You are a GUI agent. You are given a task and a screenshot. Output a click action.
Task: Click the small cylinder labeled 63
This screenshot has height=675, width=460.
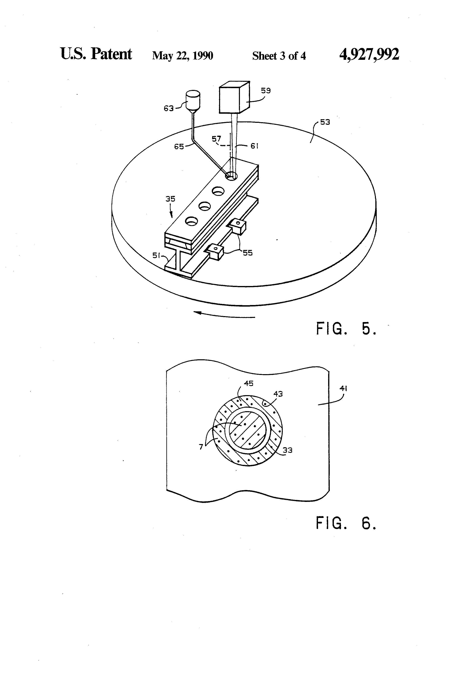193,100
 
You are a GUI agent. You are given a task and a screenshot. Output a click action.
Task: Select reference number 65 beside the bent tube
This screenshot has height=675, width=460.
179,147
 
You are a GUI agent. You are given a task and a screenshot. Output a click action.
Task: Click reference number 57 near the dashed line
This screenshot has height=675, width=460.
216,139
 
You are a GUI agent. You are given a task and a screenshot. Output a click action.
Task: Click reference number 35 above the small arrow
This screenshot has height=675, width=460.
170,199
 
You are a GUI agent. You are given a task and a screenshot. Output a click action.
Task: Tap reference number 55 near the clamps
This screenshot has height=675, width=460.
247,253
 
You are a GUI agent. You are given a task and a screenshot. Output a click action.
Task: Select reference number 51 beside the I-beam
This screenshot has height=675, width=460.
156,255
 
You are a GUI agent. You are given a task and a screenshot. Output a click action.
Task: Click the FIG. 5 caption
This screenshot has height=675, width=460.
346,329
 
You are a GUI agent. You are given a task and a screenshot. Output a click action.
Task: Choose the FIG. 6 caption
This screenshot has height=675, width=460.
346,523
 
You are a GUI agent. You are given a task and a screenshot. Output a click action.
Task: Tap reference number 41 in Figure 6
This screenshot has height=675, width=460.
343,388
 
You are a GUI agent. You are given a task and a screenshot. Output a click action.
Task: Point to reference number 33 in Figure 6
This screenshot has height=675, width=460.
287,450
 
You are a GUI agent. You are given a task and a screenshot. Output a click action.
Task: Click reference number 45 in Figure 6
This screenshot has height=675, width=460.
249,383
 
